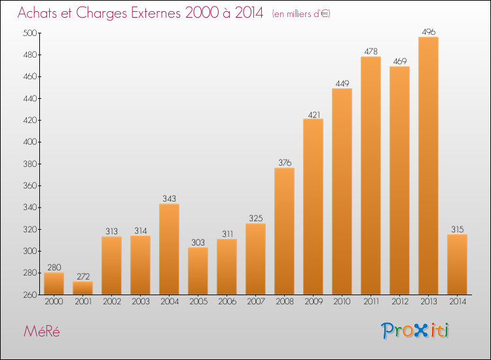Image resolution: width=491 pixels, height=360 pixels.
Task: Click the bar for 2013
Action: [x=428, y=166]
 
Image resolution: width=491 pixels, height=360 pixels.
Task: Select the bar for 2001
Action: [x=82, y=288]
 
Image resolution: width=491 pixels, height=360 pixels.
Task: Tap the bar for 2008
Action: [x=284, y=231]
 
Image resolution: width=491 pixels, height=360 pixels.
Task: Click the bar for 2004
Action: [x=169, y=249]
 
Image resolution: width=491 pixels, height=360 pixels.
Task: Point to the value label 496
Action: [x=428, y=31]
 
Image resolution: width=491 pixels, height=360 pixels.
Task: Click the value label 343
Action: [x=169, y=198]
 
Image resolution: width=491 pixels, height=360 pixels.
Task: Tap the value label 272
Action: [x=82, y=276]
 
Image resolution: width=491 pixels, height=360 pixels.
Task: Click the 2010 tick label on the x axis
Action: [x=342, y=302]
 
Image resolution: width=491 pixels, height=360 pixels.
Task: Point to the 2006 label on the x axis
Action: [x=227, y=302]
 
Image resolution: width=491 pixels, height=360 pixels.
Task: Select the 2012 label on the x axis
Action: [x=399, y=302]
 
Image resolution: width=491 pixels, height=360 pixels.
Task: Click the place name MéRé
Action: [x=41, y=331]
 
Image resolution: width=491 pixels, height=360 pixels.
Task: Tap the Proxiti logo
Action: [x=414, y=331]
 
